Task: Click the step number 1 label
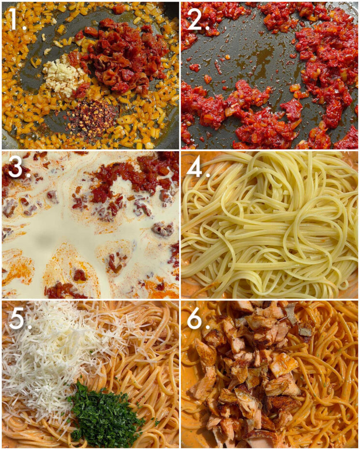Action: (14, 20)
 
